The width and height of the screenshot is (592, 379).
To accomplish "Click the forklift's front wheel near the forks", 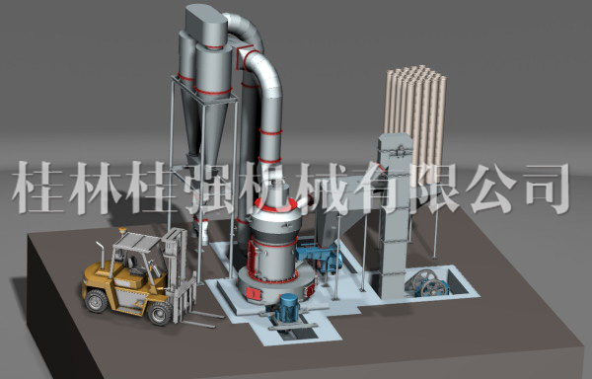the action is [x=160, y=313].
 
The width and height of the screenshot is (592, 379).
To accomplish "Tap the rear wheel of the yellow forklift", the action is [x=96, y=301].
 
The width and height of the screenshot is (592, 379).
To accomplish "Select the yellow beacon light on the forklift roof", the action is [x=122, y=230].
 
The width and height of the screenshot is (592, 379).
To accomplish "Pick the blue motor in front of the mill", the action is [x=288, y=308].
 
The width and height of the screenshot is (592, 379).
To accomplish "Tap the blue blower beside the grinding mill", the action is [x=320, y=258].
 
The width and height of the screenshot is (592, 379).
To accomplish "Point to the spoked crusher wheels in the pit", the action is [x=428, y=283].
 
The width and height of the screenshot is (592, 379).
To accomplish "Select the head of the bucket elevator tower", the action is [x=395, y=150].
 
